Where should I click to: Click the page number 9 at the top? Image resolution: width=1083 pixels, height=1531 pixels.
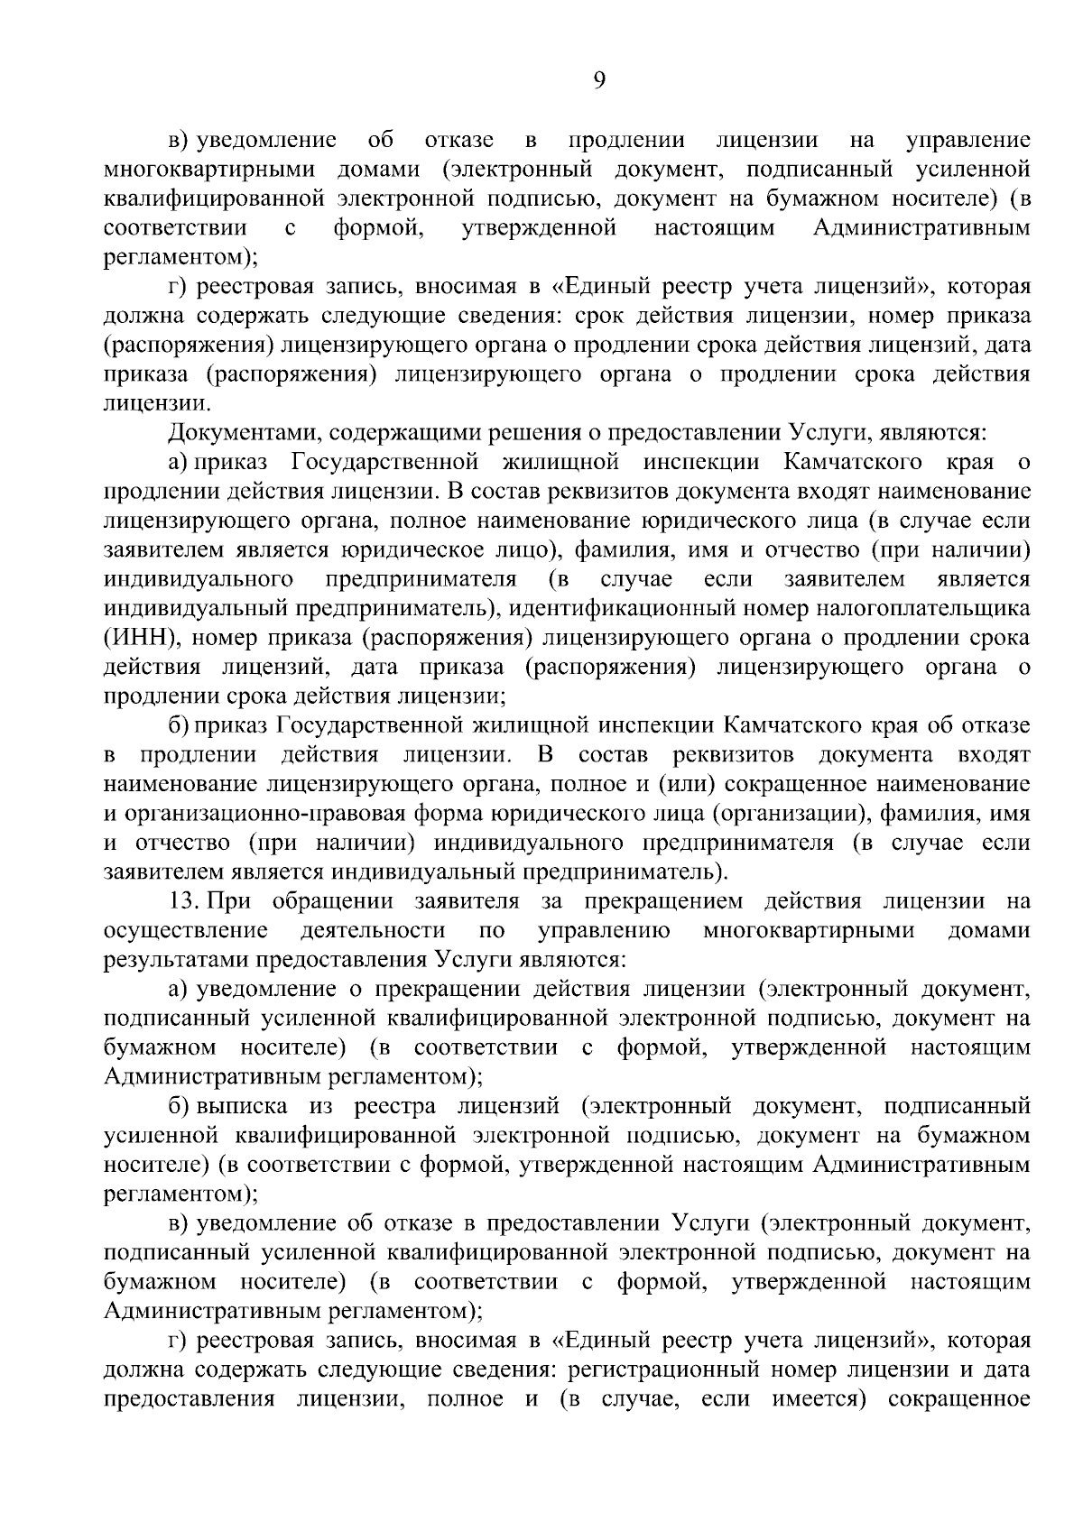point(599,80)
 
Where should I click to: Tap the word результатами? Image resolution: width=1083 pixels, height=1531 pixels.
point(176,959)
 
